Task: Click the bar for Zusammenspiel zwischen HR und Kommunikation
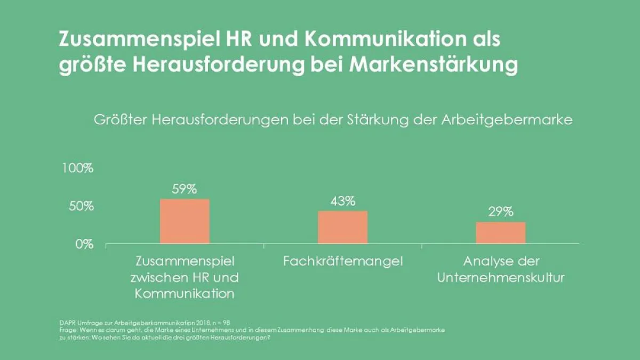[185, 221]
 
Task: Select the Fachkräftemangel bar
[342, 228]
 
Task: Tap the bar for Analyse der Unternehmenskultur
[500, 233]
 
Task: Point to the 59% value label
[185, 189]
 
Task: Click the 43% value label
[342, 201]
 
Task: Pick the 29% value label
[500, 212]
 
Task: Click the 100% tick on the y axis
[78, 168]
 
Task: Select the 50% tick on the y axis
[81, 206]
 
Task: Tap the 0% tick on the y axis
[84, 244]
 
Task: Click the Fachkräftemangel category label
[342, 261]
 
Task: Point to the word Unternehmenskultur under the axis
[500, 278]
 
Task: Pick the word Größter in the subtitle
[121, 120]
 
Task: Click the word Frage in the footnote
[67, 331]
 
